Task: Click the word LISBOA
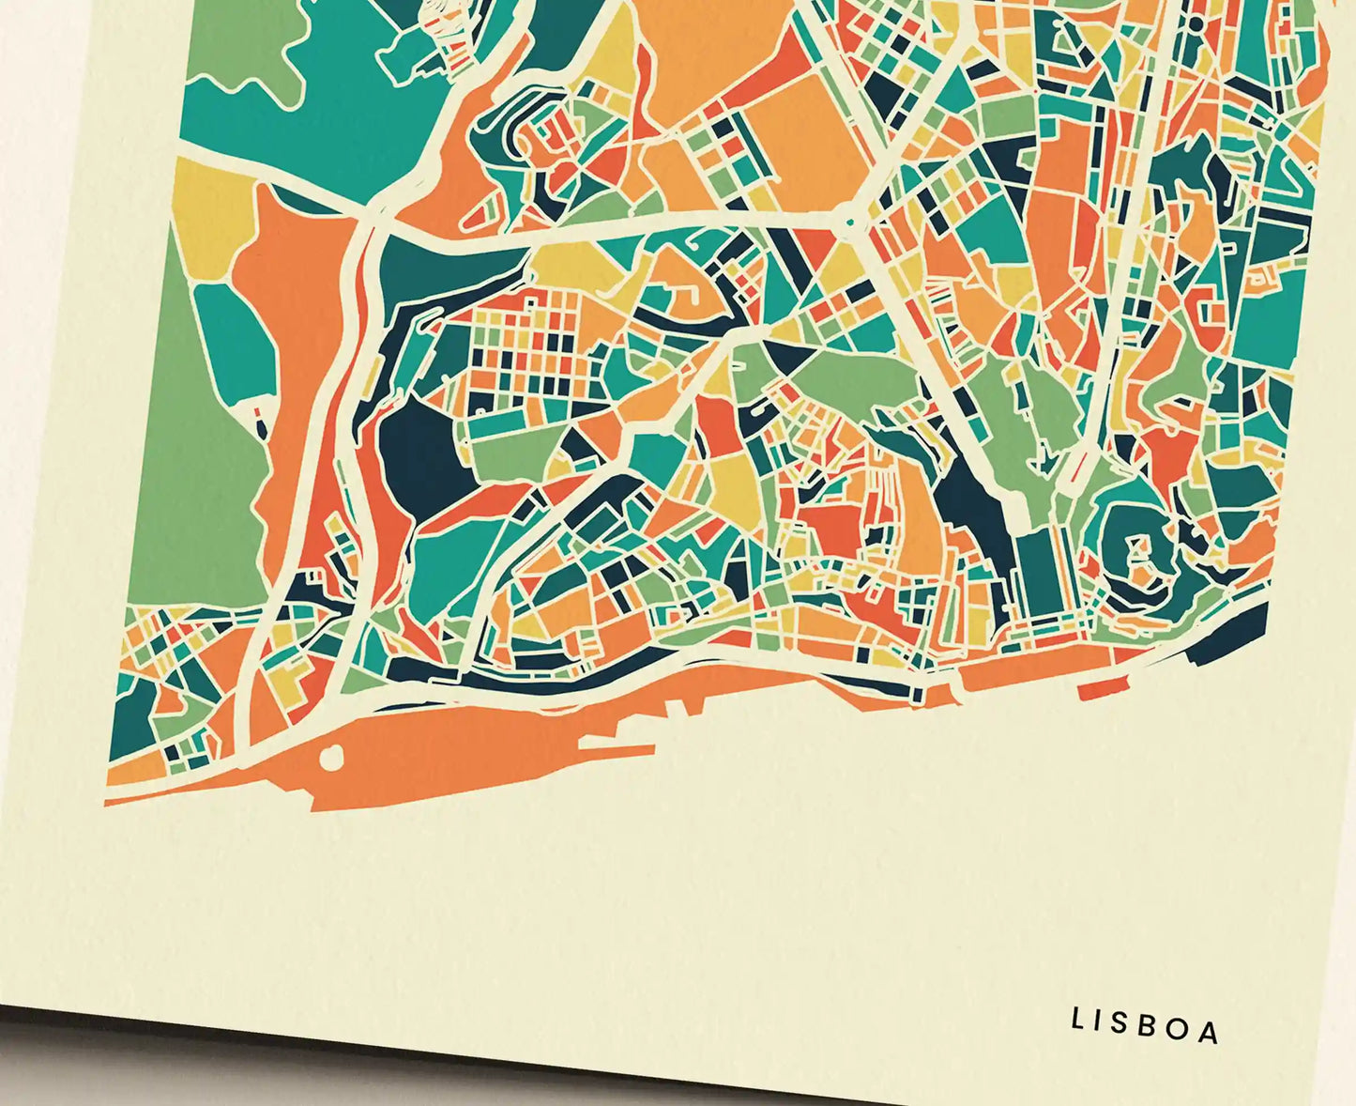(x=1146, y=1025)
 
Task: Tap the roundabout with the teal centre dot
(x=849, y=221)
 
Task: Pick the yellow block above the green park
(x=208, y=221)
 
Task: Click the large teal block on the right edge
(x=1272, y=310)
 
